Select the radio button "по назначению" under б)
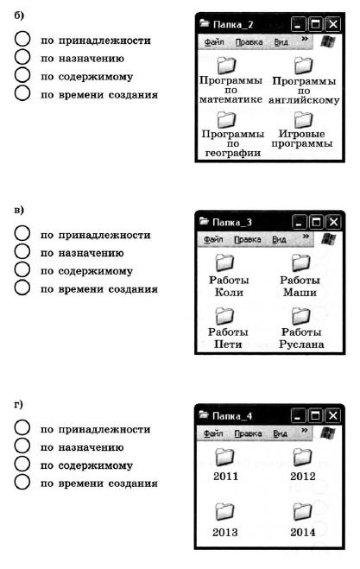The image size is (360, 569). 22,57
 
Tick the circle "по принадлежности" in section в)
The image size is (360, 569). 22,233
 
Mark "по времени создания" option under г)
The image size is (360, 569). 22,483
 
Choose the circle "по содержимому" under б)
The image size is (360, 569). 22,75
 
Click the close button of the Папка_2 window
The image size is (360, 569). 332,24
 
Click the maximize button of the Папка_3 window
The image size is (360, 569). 316,222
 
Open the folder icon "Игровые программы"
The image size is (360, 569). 303,119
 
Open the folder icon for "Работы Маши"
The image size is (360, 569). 300,262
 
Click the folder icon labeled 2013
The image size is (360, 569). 224,512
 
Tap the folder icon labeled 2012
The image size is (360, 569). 302,457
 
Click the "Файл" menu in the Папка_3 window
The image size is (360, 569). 213,239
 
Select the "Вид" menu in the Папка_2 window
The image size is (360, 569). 281,42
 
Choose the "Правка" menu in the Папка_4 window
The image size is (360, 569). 248,433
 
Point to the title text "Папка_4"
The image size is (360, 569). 232,416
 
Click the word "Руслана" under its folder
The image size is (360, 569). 301,344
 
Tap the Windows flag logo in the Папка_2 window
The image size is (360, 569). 328,41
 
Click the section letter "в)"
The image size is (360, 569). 19,210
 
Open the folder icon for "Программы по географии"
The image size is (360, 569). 226,120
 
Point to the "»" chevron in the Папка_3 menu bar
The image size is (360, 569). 306,237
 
